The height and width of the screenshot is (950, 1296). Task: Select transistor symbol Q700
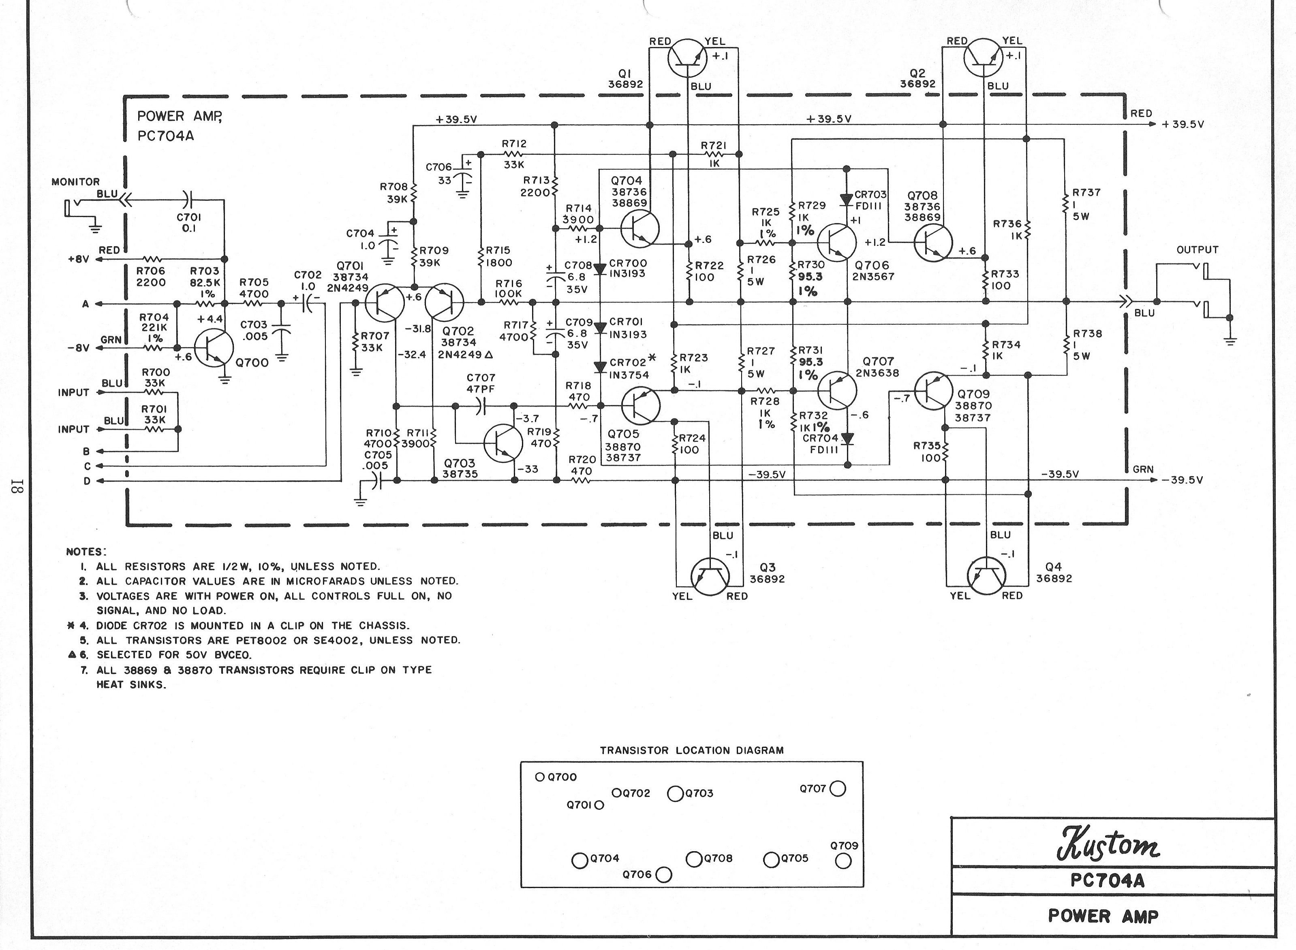[x=214, y=348]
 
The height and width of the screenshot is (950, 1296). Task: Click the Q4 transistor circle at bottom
[x=986, y=576]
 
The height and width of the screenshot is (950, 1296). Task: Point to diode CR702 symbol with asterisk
[x=600, y=367]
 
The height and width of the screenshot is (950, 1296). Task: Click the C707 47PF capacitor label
[x=481, y=383]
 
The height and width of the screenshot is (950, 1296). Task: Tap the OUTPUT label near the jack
[x=1197, y=250]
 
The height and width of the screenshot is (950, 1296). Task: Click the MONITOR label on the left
[x=75, y=182]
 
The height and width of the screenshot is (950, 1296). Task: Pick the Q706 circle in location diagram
[x=663, y=875]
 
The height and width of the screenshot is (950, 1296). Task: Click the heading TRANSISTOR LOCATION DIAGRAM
[x=692, y=750]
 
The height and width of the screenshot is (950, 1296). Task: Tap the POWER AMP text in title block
[x=1103, y=916]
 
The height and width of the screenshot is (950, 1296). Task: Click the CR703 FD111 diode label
[x=870, y=200]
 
